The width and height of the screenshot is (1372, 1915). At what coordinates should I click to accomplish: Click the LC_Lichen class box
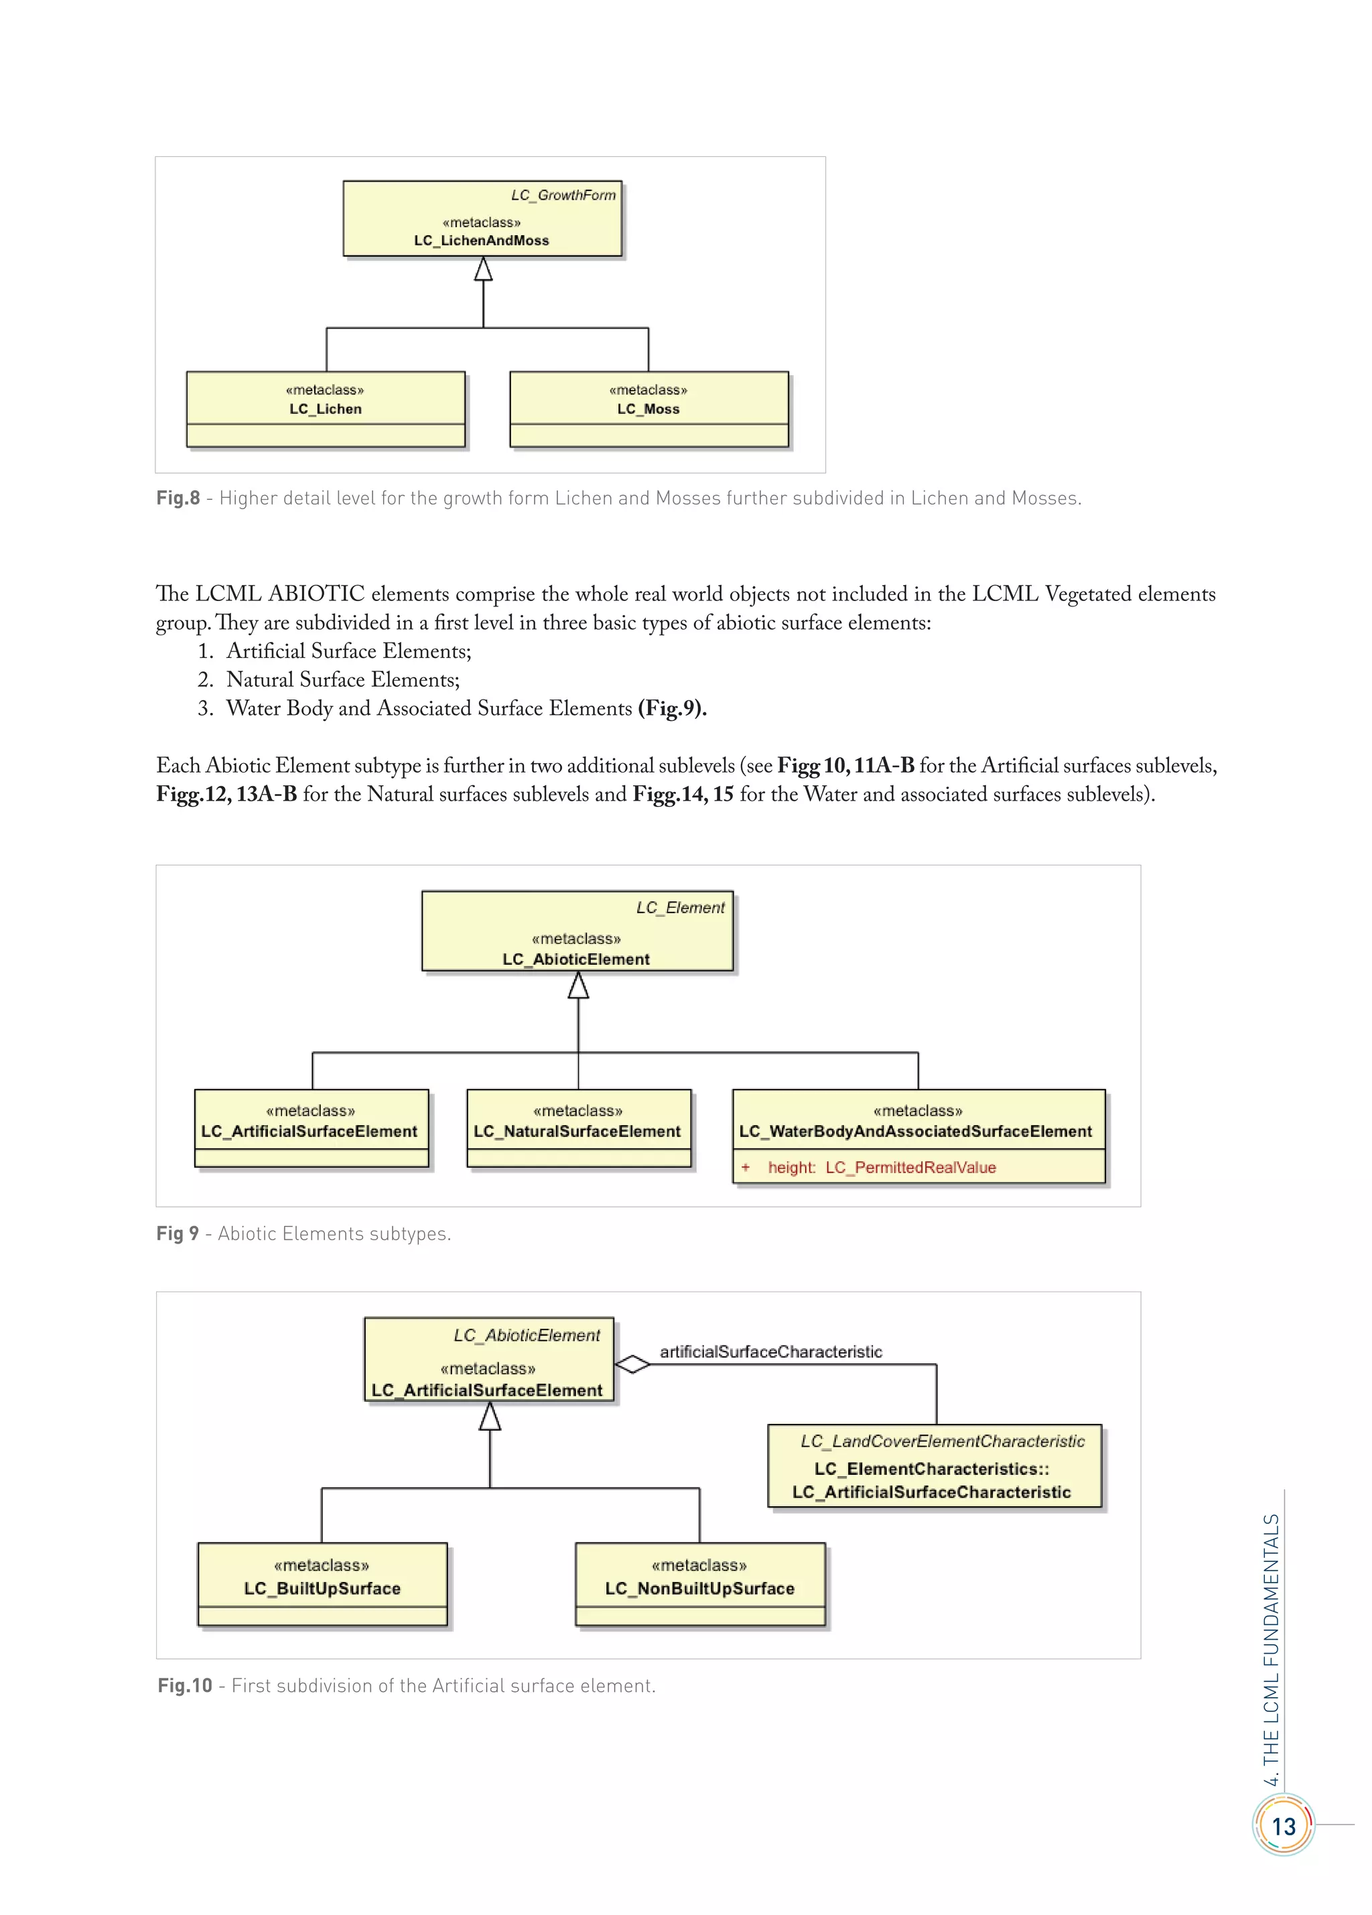(325, 409)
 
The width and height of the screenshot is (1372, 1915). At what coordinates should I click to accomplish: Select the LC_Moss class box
(648, 409)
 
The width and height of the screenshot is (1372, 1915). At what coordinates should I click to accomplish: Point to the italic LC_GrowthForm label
(563, 195)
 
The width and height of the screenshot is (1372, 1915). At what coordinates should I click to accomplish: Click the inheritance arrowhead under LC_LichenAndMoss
(483, 269)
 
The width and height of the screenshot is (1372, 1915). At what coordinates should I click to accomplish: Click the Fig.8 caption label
(178, 498)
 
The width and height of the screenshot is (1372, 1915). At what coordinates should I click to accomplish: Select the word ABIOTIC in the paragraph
(317, 594)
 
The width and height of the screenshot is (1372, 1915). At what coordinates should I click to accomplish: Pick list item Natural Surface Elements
(343, 679)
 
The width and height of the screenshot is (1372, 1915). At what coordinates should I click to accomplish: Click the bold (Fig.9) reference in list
(672, 708)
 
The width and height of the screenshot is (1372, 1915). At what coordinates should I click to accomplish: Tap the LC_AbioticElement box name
(576, 960)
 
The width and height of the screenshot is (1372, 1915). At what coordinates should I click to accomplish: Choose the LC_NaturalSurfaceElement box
(577, 1130)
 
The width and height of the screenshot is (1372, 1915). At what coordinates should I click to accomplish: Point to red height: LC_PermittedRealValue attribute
(882, 1168)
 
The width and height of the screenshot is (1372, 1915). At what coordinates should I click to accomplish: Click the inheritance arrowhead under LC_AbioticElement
(578, 986)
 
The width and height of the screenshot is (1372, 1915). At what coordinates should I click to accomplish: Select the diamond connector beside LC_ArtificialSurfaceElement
(632, 1364)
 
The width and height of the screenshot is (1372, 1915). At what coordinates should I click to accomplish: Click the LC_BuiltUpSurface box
(322, 1584)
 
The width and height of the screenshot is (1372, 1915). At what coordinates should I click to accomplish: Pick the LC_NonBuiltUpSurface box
(699, 1584)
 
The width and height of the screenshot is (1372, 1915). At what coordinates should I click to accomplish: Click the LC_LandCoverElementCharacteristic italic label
(943, 1441)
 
